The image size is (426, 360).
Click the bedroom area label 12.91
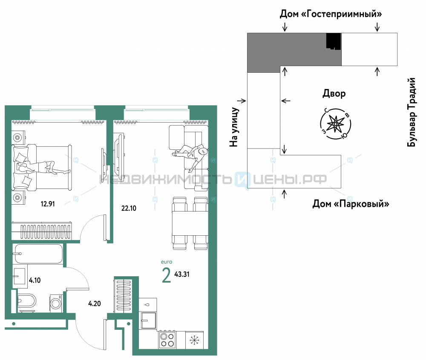pos(48,204)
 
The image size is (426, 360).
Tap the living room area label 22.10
pos(129,209)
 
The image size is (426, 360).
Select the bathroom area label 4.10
pos(35,280)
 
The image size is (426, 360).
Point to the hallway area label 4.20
pos(95,303)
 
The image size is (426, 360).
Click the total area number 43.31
pos(182,274)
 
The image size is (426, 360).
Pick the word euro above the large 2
pos(167,262)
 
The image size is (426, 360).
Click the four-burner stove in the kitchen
pos(167,340)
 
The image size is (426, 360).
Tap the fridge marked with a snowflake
pos(194,340)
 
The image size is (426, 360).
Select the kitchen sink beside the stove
pos(148,320)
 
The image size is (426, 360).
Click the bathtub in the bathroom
pos(38,254)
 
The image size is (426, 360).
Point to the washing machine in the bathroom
pos(56,303)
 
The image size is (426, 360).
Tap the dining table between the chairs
pos(190,223)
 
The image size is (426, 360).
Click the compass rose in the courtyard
pos(336,124)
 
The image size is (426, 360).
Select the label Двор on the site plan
pos(334,94)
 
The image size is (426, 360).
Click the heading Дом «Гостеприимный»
pos(331,14)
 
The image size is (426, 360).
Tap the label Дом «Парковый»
pos(351,203)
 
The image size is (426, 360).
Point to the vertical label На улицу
pos(234,127)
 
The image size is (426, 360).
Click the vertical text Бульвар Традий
pos(412,112)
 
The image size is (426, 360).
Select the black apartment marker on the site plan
pos(334,41)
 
